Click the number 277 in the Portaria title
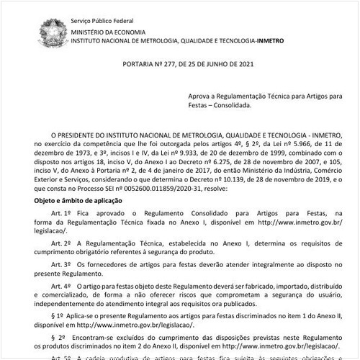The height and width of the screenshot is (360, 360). click(160, 63)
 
